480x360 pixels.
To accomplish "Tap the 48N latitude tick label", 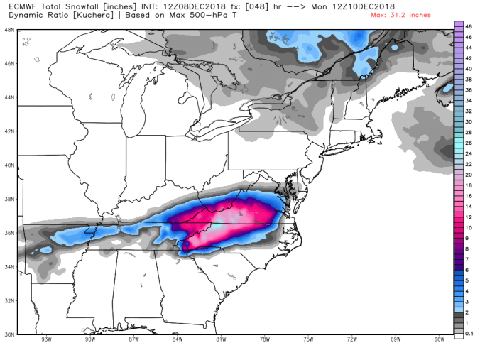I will tap(9, 30).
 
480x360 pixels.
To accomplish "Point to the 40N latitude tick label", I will tap(9, 165).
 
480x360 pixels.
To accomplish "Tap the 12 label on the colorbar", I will tap(469, 215).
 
